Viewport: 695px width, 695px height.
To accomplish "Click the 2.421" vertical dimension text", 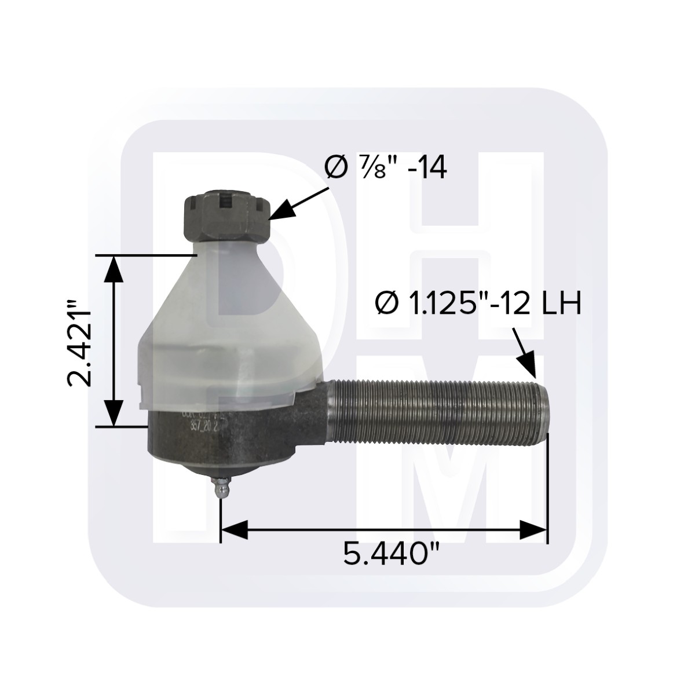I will [x=81, y=342].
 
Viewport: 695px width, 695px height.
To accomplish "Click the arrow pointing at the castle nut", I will [x=298, y=203].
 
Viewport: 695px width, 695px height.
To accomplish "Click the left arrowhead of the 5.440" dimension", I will [x=235, y=529].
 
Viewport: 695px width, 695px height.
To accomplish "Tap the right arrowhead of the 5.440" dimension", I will [x=533, y=529].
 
